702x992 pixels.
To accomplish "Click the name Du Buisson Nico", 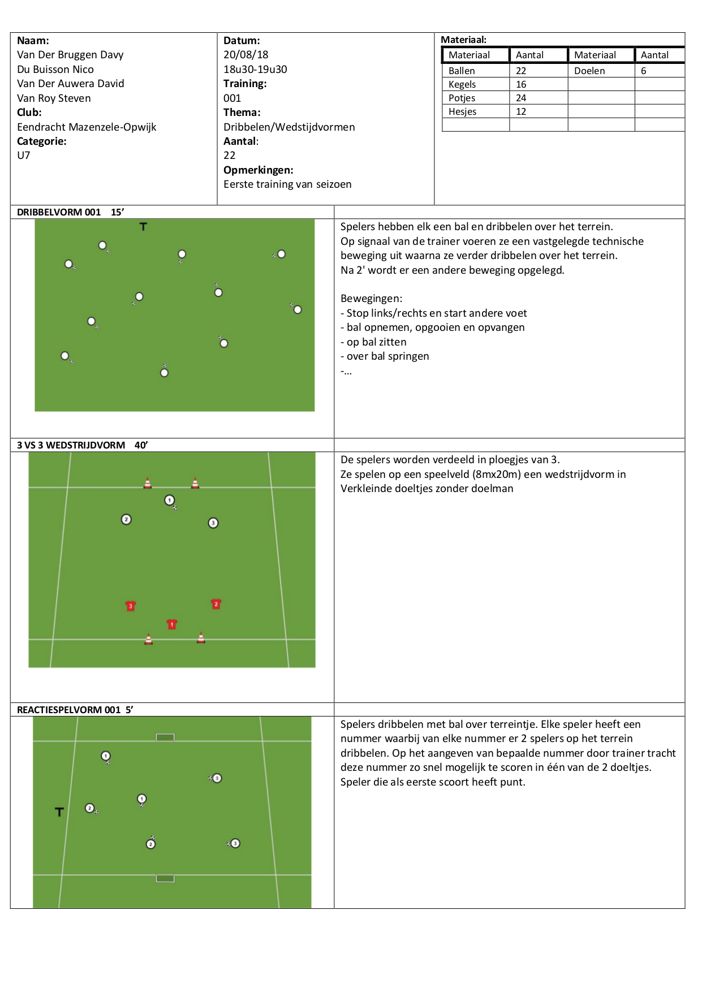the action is pos(55,70).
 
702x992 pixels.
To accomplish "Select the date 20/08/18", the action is pos(246,55).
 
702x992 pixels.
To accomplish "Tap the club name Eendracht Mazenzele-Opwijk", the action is pos(87,127).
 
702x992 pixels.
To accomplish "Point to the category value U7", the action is pos(24,156).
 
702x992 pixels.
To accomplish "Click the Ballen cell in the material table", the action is pos(462,71).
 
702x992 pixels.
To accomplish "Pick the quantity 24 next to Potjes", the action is pos(521,98).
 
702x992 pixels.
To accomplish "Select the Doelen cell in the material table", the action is pos(589,71).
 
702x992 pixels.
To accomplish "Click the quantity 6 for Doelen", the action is pos(644,71).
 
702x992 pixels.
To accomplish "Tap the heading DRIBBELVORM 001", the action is pos(59,212).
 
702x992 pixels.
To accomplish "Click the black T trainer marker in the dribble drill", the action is pos(143,227).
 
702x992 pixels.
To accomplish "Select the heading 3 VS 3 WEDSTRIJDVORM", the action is pos(71,445).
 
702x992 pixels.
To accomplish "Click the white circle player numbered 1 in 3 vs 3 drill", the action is pos(169,500).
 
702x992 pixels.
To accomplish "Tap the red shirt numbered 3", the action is pos(131,606).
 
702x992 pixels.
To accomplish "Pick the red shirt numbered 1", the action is pos(172,624).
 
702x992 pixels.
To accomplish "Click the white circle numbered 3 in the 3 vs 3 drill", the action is pos(213,523).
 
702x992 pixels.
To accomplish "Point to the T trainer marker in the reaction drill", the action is pos(59,812).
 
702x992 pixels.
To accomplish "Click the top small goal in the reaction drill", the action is pos(165,737).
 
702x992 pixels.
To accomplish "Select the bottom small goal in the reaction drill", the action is pos(165,878).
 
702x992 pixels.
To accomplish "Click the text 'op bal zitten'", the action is pos(376,342).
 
